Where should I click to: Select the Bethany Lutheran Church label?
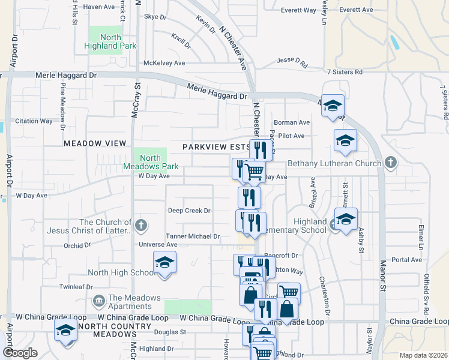point(334,164)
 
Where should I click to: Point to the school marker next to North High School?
point(164,263)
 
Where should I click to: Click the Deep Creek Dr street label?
point(189,211)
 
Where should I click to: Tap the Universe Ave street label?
point(158,245)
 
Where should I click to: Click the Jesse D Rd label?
point(292,61)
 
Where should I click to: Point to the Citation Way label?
point(34,121)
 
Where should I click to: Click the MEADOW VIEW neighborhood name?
point(95,143)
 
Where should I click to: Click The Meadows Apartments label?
point(134,302)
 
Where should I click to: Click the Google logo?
point(20,353)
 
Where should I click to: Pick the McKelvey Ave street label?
point(164,63)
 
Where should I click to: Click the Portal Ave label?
point(406,260)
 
